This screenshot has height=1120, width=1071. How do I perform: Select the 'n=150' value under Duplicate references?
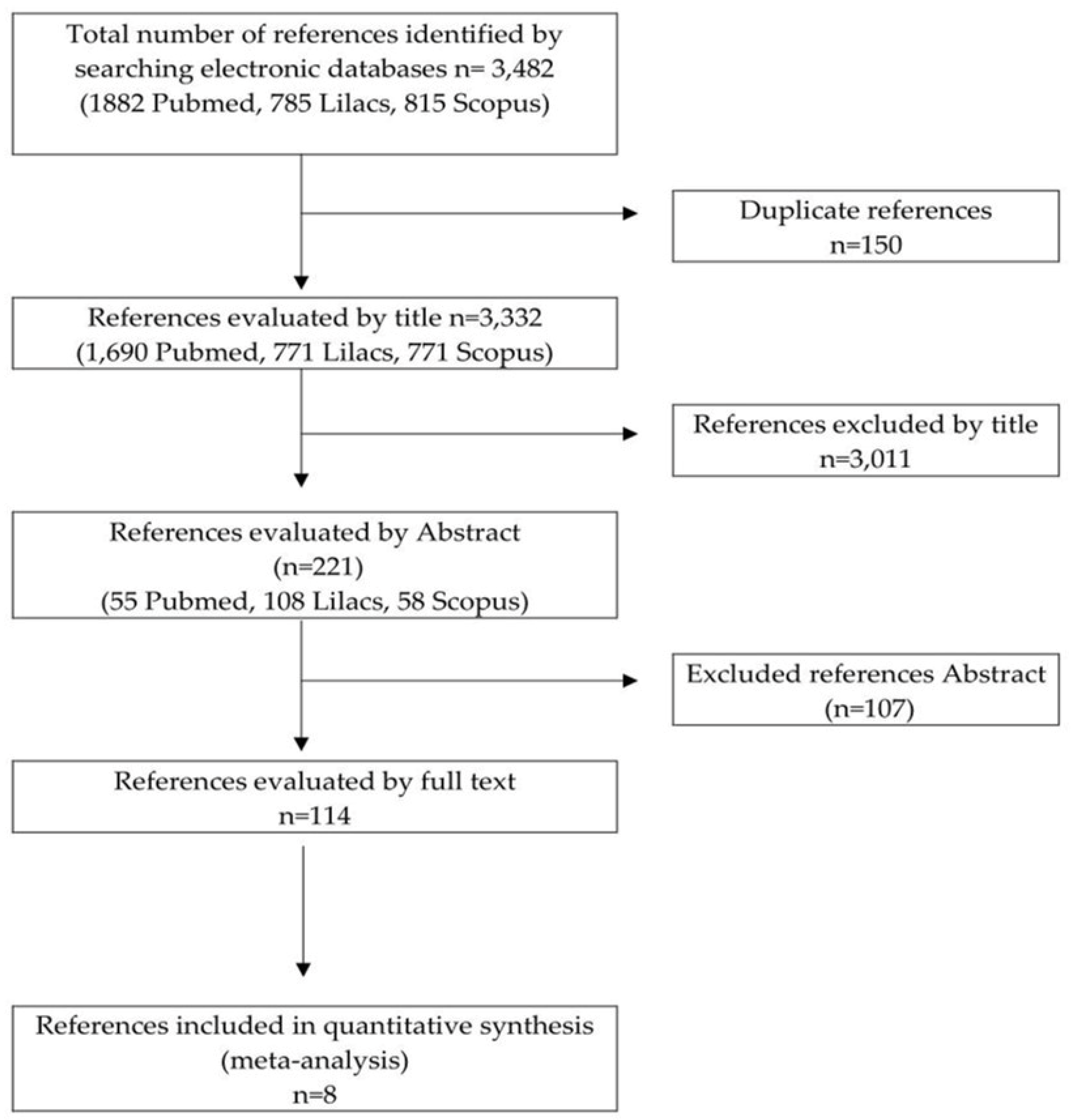pyautogui.click(x=866, y=245)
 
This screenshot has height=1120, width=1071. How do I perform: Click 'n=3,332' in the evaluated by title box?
pyautogui.click(x=496, y=318)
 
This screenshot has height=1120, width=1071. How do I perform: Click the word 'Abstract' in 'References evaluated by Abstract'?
pyautogui.click(x=468, y=533)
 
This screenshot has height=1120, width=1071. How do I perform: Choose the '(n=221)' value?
pyautogui.click(x=318, y=567)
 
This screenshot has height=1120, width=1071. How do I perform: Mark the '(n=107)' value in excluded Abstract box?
pyautogui.click(x=869, y=708)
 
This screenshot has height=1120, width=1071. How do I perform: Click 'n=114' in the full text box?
pyautogui.click(x=315, y=816)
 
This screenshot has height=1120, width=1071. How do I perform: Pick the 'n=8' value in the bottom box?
pyautogui.click(x=315, y=1094)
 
